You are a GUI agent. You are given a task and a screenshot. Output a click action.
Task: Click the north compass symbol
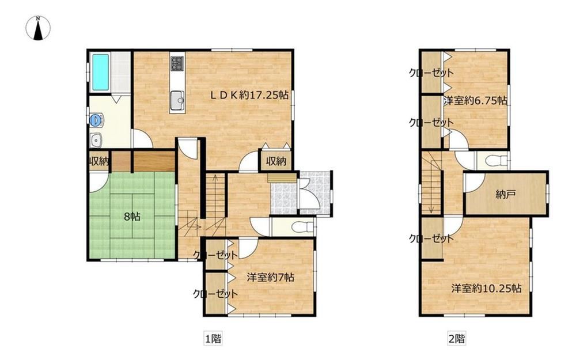click(x=38, y=28)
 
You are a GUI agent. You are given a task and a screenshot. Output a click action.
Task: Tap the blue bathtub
click(x=100, y=72)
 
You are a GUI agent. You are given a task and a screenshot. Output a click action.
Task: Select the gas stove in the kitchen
click(x=177, y=63)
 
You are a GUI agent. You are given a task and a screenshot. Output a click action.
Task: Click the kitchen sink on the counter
click(x=177, y=99)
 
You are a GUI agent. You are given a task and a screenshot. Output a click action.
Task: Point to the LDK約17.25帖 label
click(x=249, y=95)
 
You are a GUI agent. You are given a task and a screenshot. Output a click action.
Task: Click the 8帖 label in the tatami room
click(x=132, y=217)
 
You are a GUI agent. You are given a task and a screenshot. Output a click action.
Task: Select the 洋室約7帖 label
click(x=270, y=277)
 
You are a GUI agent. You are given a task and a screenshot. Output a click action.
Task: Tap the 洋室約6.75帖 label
click(x=475, y=101)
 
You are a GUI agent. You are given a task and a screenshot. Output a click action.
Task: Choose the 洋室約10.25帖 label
click(x=486, y=289)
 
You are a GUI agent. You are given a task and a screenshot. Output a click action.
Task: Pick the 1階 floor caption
click(x=213, y=338)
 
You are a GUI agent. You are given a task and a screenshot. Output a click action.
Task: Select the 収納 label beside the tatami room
click(x=99, y=161)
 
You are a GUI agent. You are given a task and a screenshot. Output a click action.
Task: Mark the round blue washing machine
click(x=96, y=119)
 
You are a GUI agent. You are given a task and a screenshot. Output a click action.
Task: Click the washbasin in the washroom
click(x=96, y=140)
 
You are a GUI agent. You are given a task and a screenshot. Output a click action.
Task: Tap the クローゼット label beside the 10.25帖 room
click(x=431, y=239)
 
